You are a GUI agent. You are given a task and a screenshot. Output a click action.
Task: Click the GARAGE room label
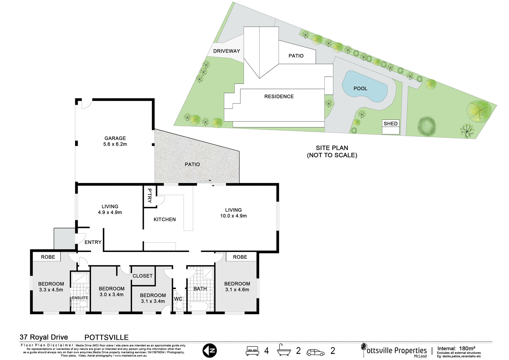115,138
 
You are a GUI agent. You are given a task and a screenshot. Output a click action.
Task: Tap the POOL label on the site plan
360,89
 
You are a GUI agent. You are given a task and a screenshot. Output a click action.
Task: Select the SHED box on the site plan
391,124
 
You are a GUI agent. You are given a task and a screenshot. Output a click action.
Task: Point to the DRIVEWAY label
227,51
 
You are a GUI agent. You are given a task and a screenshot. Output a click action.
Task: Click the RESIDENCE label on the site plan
279,97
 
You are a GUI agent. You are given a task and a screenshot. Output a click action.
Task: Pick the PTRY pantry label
149,196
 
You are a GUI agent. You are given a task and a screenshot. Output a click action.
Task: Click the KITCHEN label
165,220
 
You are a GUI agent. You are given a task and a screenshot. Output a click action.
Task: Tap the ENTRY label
93,242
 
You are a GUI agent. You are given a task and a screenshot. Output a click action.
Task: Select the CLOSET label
143,276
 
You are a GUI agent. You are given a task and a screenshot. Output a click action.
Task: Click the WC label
178,299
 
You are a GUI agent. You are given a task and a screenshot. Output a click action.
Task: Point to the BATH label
200,289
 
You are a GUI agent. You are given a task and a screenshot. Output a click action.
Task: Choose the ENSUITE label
80,298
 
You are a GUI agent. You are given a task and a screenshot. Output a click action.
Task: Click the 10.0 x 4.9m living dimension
233,216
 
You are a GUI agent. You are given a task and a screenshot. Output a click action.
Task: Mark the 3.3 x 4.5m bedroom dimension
51,290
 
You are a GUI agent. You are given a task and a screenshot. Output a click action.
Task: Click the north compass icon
209,351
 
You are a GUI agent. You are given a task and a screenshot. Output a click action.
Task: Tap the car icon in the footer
315,352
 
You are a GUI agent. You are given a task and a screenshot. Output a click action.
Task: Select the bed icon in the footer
252,351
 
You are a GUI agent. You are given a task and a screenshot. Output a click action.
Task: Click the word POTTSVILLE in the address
107,338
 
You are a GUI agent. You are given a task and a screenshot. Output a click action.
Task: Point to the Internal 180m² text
456,348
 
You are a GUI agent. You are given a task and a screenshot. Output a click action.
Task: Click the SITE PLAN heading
332,148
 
